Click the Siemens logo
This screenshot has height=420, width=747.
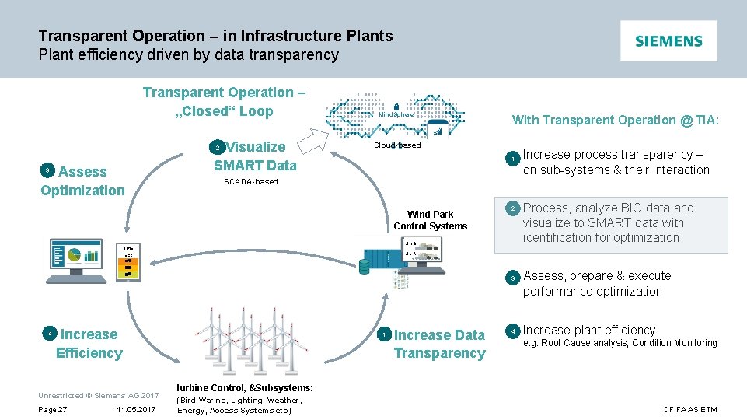pyautogui.click(x=668, y=41)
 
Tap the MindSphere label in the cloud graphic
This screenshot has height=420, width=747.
pyautogui.click(x=396, y=115)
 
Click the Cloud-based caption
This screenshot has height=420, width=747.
pyautogui.click(x=397, y=145)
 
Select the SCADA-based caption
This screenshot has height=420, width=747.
pyautogui.click(x=250, y=182)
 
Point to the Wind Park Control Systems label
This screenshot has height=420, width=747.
pyautogui.click(x=430, y=220)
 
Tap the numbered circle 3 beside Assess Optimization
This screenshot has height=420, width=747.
pyautogui.click(x=47, y=170)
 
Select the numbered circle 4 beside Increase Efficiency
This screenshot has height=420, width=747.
pyautogui.click(x=50, y=334)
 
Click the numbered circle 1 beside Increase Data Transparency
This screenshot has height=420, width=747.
pyautogui.click(x=384, y=334)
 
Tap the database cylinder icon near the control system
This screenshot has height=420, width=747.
pyautogui.click(x=364, y=266)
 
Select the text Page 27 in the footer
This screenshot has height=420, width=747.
pyautogui.click(x=52, y=410)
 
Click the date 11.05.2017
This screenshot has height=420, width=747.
pyautogui.click(x=136, y=410)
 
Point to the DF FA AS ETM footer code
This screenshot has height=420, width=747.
pyautogui.click(x=690, y=410)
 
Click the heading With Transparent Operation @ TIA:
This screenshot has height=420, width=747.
pyautogui.click(x=615, y=120)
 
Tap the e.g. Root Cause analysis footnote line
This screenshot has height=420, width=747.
pyautogui.click(x=620, y=343)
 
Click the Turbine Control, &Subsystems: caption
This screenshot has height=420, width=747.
pyautogui.click(x=245, y=387)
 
